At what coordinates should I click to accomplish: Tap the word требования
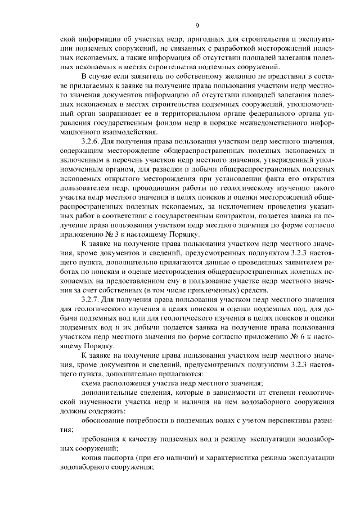tap(103, 438)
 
